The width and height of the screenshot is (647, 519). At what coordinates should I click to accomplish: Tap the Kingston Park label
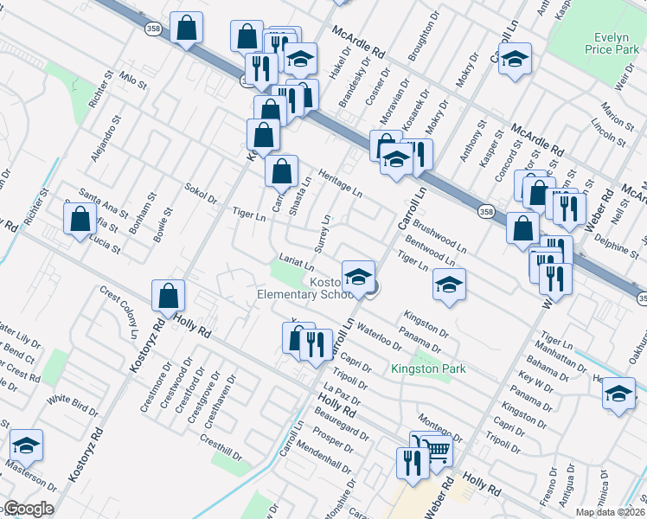pos(429,369)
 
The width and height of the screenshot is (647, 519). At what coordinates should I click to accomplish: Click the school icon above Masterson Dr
pos(27,445)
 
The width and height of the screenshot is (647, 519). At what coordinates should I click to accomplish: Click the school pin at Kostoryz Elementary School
pos(358,277)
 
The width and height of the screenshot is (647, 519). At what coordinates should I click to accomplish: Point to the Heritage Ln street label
pos(339,182)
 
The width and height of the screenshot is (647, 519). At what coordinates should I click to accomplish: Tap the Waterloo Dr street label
pos(376,332)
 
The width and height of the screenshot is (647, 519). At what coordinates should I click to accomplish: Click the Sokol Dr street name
pos(201,192)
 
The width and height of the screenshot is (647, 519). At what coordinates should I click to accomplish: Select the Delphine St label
pos(614,245)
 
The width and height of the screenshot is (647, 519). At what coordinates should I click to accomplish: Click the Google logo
pos(29,509)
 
